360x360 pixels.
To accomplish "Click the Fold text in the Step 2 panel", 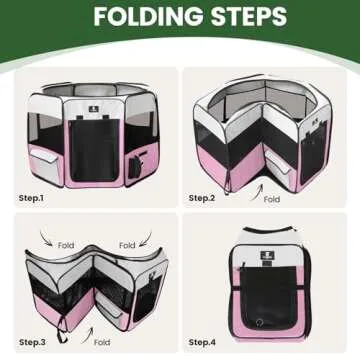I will (272, 198).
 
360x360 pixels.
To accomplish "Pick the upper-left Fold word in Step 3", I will (67, 244).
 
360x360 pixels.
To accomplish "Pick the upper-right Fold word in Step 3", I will (127, 244).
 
